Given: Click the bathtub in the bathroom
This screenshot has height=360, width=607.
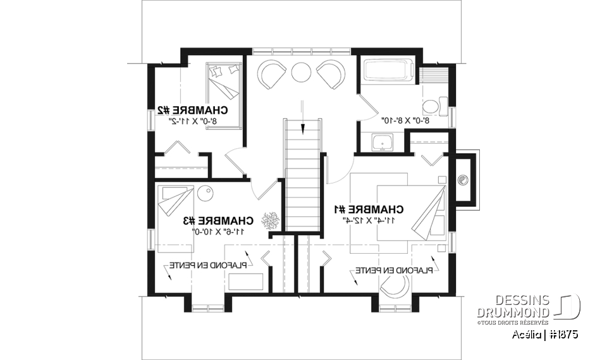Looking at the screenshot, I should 388,70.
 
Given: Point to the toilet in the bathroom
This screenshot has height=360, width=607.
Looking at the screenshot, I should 435,104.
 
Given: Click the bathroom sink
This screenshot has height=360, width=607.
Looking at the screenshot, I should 381,144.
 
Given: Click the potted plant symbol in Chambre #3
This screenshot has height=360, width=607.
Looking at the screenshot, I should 272,221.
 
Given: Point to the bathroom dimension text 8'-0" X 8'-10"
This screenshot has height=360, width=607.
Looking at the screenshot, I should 405,120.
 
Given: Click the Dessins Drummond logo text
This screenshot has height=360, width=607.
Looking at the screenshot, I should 513,306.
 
